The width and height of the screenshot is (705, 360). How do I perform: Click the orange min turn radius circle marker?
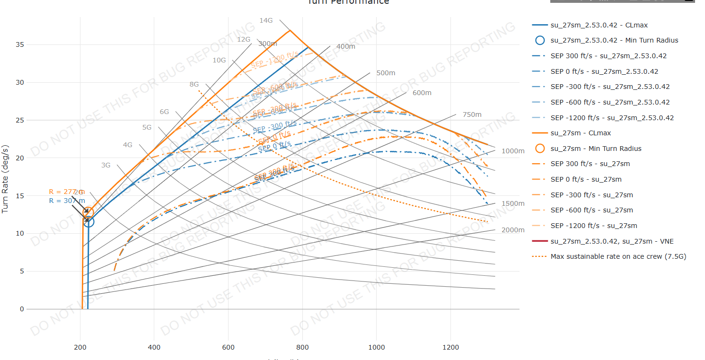tap(88, 212)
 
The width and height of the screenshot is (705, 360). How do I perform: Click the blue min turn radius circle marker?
tap(88, 221)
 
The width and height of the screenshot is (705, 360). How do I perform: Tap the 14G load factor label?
tap(266, 20)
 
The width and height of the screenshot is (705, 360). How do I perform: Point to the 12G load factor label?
tap(244, 39)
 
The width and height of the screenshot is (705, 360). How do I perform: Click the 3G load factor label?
tap(106, 165)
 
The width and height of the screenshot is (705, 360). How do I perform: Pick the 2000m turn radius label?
tap(513, 230)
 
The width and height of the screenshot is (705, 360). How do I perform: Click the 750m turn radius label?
tap(472, 114)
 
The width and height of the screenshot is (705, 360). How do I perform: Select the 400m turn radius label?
tap(345, 46)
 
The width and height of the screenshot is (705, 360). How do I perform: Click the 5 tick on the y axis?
tap(22, 272)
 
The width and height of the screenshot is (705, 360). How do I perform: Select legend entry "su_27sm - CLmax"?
tap(581, 133)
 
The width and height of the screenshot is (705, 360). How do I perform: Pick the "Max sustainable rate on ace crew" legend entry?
tap(618, 256)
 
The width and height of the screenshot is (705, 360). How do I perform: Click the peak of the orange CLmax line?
tap(290, 31)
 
